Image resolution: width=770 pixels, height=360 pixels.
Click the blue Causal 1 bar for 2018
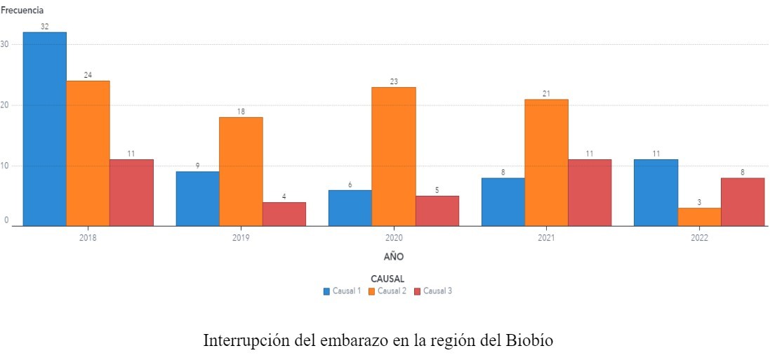pyautogui.click(x=45, y=129)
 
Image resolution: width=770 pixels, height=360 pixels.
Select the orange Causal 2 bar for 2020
pyautogui.click(x=394, y=156)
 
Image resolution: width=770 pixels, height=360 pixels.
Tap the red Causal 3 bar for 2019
pyautogui.click(x=284, y=214)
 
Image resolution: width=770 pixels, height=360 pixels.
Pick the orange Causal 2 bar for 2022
pyautogui.click(x=699, y=217)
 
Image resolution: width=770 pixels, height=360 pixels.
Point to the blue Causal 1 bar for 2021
pyautogui.click(x=503, y=202)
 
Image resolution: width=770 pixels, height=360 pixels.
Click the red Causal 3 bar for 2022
pyautogui.click(x=743, y=202)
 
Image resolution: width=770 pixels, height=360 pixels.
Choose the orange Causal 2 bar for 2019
pyautogui.click(x=241, y=171)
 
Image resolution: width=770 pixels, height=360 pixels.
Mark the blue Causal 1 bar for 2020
pyautogui.click(x=350, y=208)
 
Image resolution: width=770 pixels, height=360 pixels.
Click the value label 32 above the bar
pyautogui.click(x=45, y=27)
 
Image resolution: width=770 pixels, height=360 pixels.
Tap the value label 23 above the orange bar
pyautogui.click(x=394, y=82)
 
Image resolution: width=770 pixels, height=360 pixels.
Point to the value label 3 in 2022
pyautogui.click(x=699, y=203)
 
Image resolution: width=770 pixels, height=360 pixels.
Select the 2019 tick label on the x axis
pyautogui.click(x=241, y=238)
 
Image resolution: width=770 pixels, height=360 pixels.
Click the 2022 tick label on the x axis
pyautogui.click(x=699, y=238)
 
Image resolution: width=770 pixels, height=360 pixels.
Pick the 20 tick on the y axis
pyautogui.click(x=5, y=105)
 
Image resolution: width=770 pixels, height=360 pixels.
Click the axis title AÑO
pyautogui.click(x=394, y=257)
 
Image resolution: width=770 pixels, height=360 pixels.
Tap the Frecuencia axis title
pyautogui.click(x=22, y=11)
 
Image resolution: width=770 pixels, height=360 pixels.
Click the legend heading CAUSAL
pyautogui.click(x=387, y=279)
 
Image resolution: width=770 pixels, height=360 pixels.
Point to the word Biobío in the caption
pyautogui.click(x=529, y=341)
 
